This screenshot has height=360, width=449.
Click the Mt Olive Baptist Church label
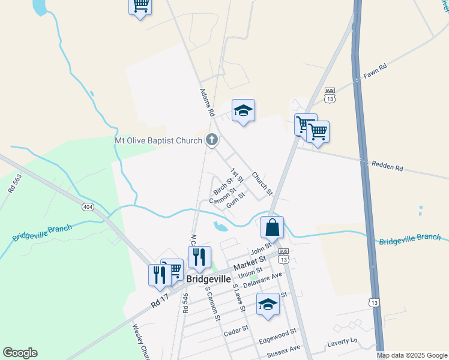coord(159,140)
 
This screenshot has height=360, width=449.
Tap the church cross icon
coord(211,140)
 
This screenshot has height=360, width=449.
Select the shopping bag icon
coord(272,227)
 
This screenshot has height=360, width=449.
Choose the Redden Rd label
coord(387,164)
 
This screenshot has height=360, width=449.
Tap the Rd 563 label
coord(11,183)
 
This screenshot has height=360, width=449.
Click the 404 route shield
coord(88,206)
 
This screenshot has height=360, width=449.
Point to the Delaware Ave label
coord(262,280)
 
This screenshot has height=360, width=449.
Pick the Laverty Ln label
coord(342,341)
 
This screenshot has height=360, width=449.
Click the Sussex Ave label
coord(286,349)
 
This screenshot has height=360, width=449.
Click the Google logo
coord(20,353)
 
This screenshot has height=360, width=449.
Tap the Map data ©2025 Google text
coord(411,355)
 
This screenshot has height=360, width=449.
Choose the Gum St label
coord(237,198)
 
